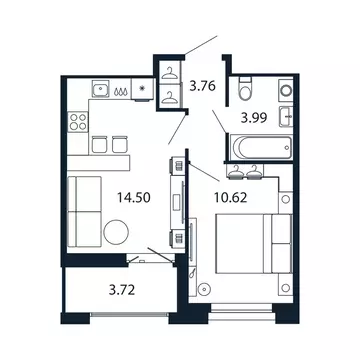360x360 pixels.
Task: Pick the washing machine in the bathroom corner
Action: [284, 90]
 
